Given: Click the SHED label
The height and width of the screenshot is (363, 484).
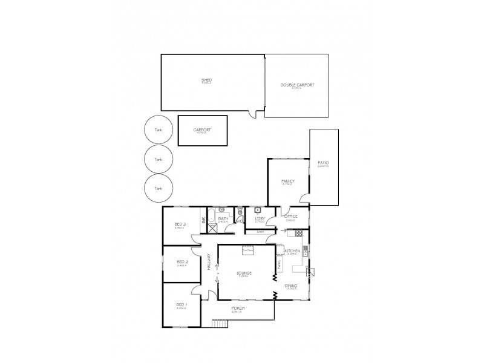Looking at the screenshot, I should pos(206,80).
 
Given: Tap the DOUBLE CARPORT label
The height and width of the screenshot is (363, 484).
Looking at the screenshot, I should pos(296,85).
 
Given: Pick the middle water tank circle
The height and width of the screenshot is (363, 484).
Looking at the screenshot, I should pos(159,159).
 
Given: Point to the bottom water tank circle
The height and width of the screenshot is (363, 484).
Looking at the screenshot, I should pos(159,189).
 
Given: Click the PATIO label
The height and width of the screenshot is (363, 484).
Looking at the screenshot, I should pos(322,164).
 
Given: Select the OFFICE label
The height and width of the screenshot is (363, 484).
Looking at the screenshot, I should pos(290,217).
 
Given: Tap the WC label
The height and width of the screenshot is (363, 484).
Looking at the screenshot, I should pos(240,221).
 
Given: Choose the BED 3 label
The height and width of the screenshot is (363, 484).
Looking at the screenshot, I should pos(180,224).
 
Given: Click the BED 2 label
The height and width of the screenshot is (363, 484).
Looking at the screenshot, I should pos(181,262).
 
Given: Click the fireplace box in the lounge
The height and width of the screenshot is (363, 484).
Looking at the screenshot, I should pos(247,248).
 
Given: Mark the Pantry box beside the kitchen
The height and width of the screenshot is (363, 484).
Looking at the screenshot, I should pos(279,264).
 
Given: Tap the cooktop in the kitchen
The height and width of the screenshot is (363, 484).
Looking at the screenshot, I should pos(306,252).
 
